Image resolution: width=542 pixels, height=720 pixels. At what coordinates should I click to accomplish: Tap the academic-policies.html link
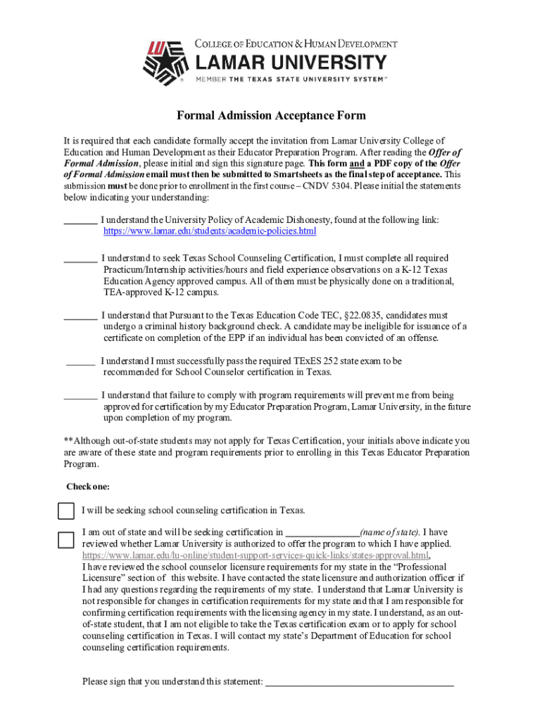[x=210, y=231]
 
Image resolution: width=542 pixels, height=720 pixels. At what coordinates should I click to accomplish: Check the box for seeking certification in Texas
[x=65, y=510]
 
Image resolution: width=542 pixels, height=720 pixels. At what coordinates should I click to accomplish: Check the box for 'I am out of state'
[x=65, y=540]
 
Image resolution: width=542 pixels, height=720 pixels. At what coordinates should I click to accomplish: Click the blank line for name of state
[x=322, y=533]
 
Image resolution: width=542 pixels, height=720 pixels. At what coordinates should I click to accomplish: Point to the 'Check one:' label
[x=87, y=487]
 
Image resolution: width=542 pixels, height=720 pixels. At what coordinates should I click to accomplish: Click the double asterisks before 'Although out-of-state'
[x=68, y=441]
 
